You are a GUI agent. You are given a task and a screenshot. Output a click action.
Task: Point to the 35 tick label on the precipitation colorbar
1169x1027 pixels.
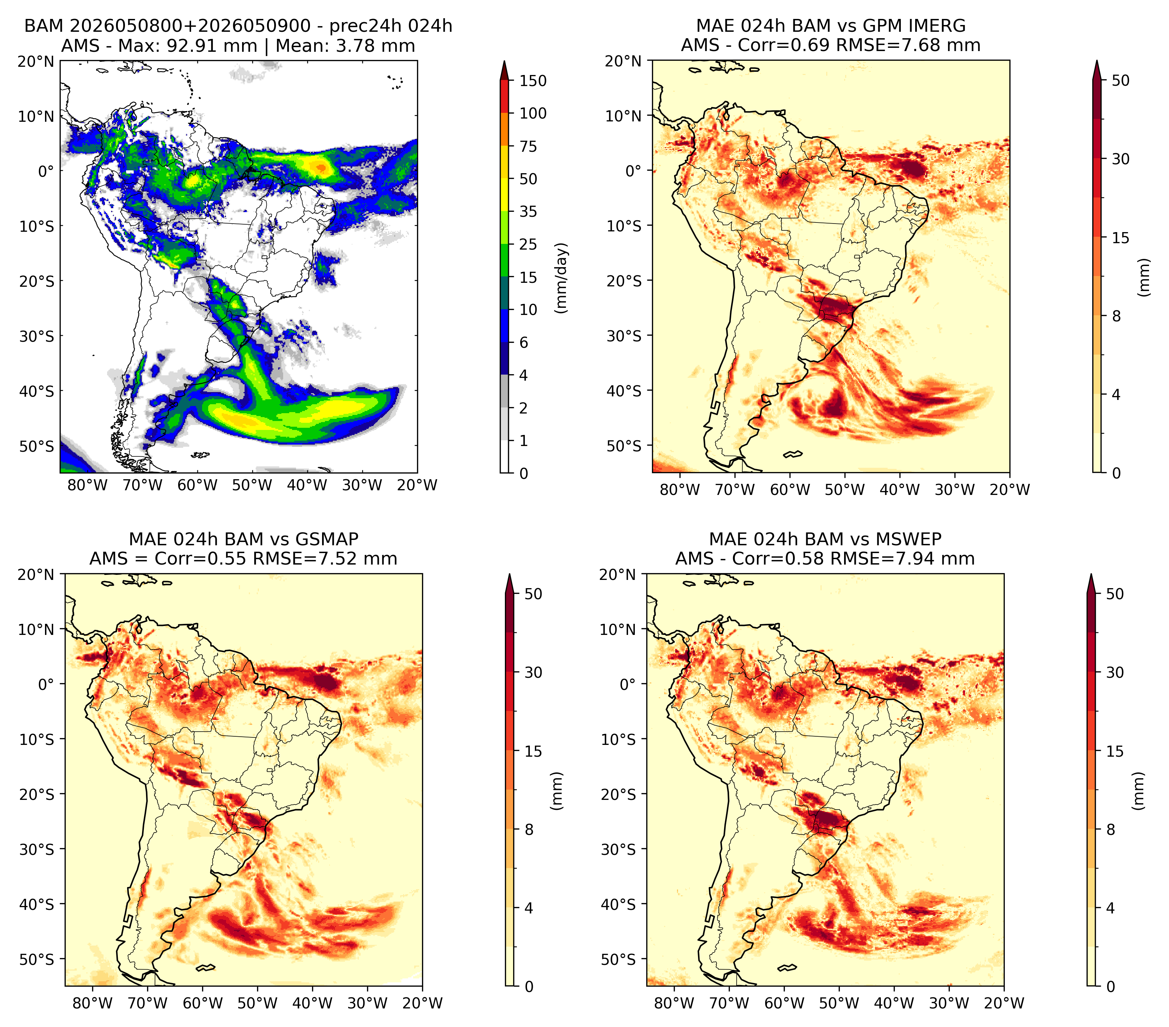pyautogui.click(x=528, y=211)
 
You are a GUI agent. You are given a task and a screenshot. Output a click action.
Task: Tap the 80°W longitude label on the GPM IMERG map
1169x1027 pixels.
pyautogui.click(x=679, y=490)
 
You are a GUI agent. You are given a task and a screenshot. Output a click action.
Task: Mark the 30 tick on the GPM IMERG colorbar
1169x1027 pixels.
pyautogui.click(x=1120, y=159)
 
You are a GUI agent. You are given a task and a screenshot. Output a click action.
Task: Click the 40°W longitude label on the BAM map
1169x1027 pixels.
pyautogui.click(x=307, y=485)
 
